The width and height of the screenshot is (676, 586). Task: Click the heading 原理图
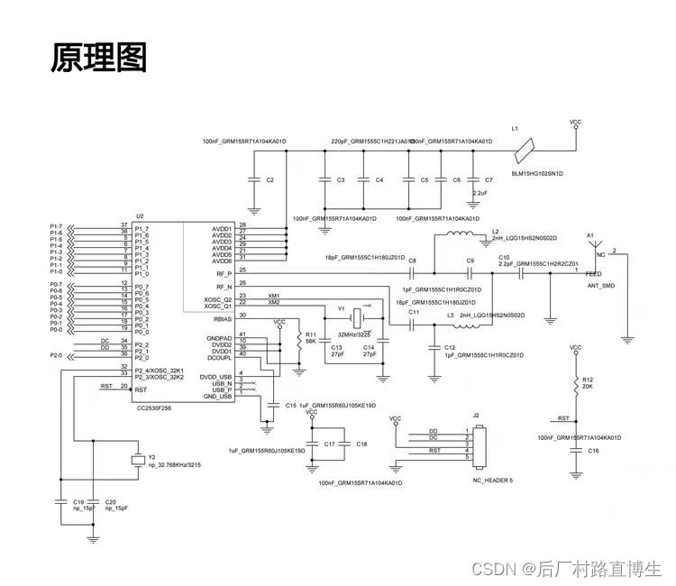98,57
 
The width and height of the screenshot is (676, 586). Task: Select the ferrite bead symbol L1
527,144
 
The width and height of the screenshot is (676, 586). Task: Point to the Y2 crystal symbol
137,461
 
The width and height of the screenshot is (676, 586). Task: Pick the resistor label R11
310,334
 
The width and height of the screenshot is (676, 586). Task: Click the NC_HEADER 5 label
491,481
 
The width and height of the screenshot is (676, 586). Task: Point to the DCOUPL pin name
221,360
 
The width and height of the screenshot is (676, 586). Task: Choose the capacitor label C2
269,180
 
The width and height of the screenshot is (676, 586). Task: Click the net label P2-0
56,355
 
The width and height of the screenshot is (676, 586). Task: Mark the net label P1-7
56,225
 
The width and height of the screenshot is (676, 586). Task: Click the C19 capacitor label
78,501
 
